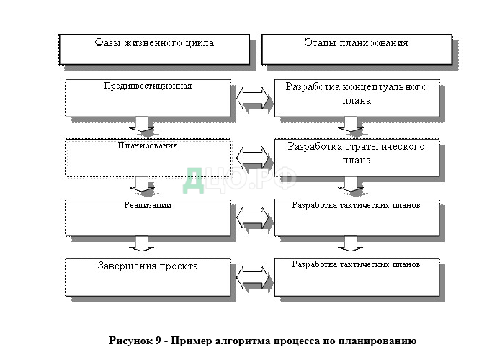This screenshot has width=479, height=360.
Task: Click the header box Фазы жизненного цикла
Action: [x=154, y=48]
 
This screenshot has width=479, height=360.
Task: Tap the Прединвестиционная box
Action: [x=147, y=97]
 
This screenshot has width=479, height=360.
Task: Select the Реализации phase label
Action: [x=147, y=205]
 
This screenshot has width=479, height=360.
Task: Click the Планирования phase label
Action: [x=147, y=145]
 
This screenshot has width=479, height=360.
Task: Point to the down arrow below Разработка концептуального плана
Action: [x=352, y=125]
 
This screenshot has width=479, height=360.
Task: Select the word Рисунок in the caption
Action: [x=130, y=341]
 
